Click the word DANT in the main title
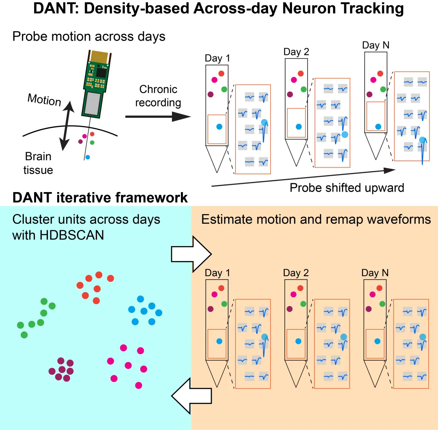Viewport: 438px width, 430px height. point(54,9)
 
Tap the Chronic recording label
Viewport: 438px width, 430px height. point(158,96)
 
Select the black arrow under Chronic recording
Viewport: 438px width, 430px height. point(158,117)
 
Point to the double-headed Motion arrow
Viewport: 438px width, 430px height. point(67,126)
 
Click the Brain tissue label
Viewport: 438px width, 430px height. point(38,163)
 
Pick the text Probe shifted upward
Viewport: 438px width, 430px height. point(347,188)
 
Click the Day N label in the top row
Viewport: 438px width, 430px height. point(376,45)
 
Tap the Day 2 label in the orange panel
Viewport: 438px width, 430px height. point(296,272)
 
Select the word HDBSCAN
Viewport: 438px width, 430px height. point(72,235)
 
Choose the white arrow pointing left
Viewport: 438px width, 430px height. point(191,396)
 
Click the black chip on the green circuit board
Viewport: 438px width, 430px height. point(101,73)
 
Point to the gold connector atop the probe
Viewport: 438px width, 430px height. point(100,57)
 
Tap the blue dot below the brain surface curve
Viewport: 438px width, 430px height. point(88,158)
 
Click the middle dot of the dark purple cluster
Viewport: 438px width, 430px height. point(62,369)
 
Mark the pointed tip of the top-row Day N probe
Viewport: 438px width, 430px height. point(376,160)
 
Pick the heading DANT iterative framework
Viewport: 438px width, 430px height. point(100,197)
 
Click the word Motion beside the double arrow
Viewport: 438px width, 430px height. point(44,99)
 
